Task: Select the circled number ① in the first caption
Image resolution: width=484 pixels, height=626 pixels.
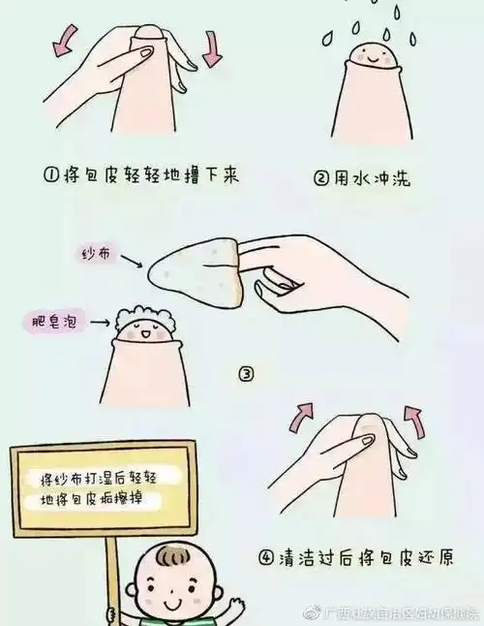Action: pos(52,176)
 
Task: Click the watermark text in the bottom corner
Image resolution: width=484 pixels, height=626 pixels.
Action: pos(397,613)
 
